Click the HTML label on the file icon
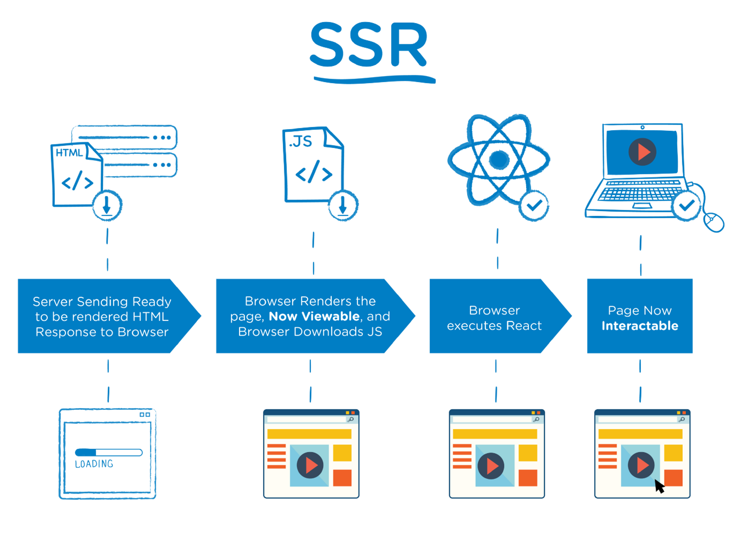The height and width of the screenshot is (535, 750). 69,152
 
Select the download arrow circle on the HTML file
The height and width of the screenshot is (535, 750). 107,205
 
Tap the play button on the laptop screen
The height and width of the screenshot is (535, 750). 642,152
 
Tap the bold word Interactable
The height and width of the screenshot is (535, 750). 640,326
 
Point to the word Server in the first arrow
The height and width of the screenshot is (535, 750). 53,302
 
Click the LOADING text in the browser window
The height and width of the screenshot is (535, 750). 94,464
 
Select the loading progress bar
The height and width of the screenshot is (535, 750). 109,452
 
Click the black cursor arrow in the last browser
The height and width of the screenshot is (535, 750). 659,486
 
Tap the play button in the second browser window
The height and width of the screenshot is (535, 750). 310,465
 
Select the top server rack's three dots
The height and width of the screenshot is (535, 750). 162,137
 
